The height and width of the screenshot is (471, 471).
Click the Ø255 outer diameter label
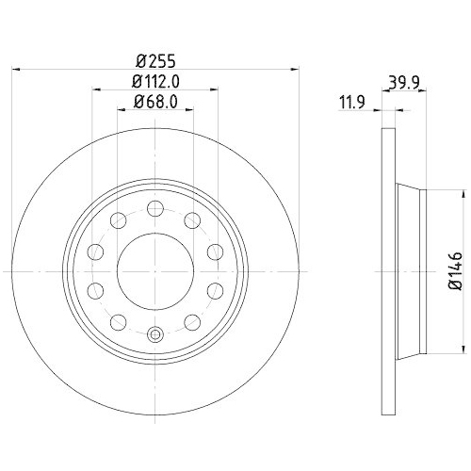155,61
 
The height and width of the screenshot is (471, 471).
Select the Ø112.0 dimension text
155,82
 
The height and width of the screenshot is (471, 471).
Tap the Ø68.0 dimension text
155,102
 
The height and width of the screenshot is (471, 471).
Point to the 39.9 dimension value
404,83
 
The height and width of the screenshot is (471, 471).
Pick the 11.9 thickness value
352,103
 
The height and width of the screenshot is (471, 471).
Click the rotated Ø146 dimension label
456,270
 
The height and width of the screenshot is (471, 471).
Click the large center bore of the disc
155,271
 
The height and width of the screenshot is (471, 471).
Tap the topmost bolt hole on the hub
155,208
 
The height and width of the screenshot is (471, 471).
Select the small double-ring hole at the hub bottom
155,334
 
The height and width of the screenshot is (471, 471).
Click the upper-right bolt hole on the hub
192,220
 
